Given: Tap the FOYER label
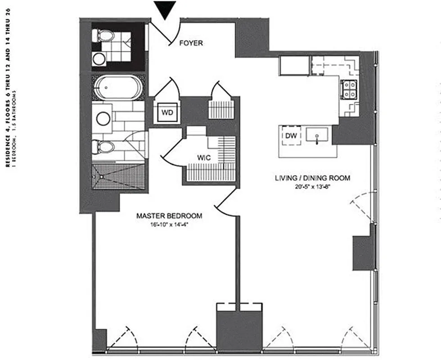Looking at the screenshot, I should (191, 43).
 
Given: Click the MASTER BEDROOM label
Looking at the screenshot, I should (169, 216).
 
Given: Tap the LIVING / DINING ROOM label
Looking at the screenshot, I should (312, 178).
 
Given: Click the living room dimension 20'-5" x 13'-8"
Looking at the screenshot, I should (312, 187).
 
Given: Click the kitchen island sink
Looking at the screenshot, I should (319, 135).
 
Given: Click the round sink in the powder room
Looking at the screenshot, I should (98, 57).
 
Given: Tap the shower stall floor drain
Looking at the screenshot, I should (102, 177).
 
